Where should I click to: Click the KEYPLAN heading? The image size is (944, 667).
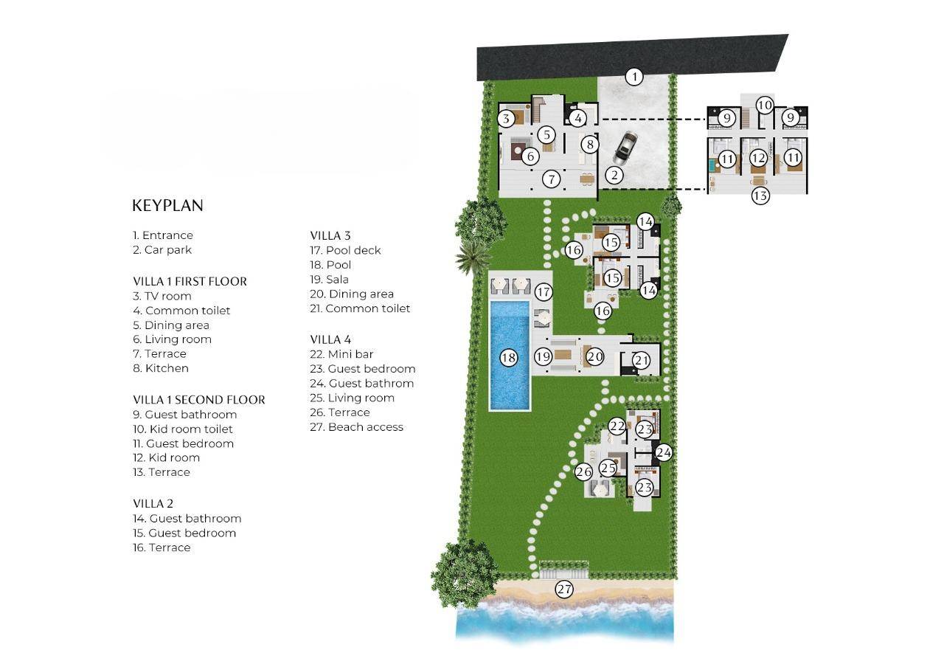click(x=167, y=206)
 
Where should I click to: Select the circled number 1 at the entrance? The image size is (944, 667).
click(x=634, y=76)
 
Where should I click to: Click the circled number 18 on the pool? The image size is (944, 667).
click(x=508, y=358)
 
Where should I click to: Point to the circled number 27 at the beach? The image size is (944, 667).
click(x=564, y=589)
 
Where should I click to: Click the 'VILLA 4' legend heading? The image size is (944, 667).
click(x=330, y=339)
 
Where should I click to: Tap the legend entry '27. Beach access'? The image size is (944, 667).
click(x=356, y=426)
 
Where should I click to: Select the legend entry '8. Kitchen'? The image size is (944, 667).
click(x=161, y=368)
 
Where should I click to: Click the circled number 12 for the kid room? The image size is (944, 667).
click(x=758, y=158)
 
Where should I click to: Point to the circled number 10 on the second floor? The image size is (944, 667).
click(x=765, y=105)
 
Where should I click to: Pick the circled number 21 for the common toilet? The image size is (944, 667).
click(x=642, y=360)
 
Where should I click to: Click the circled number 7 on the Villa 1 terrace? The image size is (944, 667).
click(x=551, y=178)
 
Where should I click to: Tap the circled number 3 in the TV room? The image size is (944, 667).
click(x=505, y=118)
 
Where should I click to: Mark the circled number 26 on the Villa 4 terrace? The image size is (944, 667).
click(x=584, y=471)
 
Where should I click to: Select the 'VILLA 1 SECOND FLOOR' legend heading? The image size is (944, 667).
click(x=198, y=400)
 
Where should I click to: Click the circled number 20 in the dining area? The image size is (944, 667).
click(x=594, y=357)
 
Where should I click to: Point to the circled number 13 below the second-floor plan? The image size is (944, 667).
click(x=760, y=196)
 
